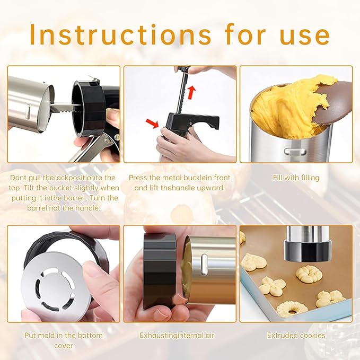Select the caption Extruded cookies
(x=296, y=335)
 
